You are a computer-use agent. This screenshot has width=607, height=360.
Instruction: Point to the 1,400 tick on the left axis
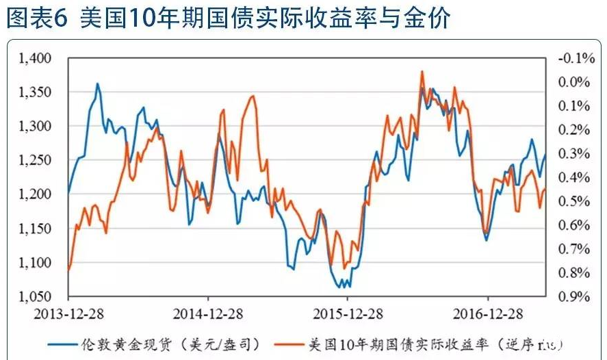point(36,59)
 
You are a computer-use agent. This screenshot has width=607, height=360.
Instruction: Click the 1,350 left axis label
point(36,92)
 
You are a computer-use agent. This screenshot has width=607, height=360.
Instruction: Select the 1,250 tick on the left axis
point(36,160)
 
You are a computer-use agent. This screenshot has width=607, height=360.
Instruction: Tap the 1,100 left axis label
point(36,263)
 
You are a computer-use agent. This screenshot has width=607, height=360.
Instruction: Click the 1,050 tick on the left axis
point(36,297)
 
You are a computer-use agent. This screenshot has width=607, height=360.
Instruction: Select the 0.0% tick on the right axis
point(575,82)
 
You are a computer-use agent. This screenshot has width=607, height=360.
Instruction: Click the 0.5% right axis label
point(575,201)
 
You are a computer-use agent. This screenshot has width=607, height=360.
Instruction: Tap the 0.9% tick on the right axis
point(575,297)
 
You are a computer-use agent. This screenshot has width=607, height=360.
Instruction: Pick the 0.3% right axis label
point(575,153)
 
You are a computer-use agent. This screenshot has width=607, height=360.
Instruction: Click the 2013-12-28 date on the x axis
point(68,314)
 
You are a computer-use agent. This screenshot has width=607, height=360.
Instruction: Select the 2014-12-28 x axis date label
point(208,314)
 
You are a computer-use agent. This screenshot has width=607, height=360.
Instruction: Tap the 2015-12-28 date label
point(348,314)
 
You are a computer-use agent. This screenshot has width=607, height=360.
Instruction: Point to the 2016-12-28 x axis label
point(487,314)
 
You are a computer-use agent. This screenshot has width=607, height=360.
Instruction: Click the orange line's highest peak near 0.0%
point(422,71)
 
